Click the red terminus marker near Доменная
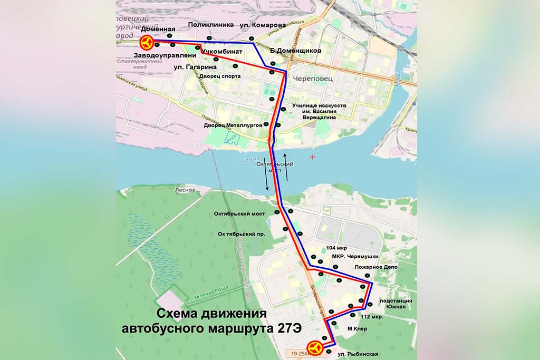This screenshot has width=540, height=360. pos(146,42)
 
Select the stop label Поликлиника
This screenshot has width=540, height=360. pos(210,25)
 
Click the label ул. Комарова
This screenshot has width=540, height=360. pos(263,25)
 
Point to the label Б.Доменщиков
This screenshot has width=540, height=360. pos(295,51)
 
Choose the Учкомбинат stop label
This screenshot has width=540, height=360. pos(221,51)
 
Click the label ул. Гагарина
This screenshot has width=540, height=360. pos(195,67)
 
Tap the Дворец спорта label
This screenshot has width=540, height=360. pos(220,76)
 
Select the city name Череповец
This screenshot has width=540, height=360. pos(315,77)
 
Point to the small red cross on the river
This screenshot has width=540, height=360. pos(313,157)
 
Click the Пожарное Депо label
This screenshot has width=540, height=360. pos(376,268)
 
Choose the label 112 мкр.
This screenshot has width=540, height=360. pos(372,317)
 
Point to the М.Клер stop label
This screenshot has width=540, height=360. pos(357,329)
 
